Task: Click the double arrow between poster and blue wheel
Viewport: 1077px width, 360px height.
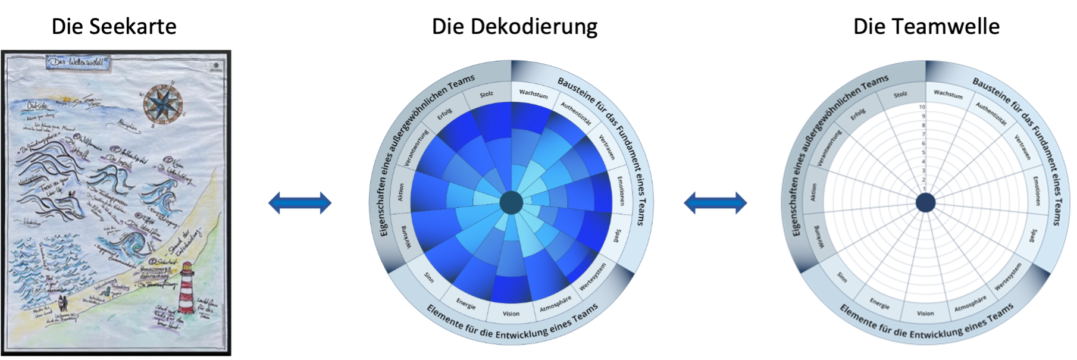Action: click(299, 203)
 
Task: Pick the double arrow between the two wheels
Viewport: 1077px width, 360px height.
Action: click(715, 203)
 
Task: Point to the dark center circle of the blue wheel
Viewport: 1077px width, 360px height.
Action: click(511, 203)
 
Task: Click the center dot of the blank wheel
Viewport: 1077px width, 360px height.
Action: click(925, 203)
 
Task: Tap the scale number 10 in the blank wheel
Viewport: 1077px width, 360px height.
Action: click(922, 107)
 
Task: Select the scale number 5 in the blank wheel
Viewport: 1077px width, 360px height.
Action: click(922, 153)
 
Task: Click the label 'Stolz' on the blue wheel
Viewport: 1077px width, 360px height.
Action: click(486, 94)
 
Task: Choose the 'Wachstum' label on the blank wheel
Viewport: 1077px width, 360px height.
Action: click(948, 93)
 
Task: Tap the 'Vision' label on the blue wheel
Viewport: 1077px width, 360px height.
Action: click(511, 314)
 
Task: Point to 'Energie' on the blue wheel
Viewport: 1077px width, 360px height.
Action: click(466, 303)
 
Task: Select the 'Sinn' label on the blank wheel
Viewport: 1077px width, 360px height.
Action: click(842, 277)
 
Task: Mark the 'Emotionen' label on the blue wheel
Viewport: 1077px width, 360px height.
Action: click(621, 190)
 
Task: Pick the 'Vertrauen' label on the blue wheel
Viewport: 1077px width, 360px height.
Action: click(607, 147)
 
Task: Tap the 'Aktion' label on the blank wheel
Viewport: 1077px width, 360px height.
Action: click(813, 192)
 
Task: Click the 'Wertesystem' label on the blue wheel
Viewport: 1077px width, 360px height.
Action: click(593, 277)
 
